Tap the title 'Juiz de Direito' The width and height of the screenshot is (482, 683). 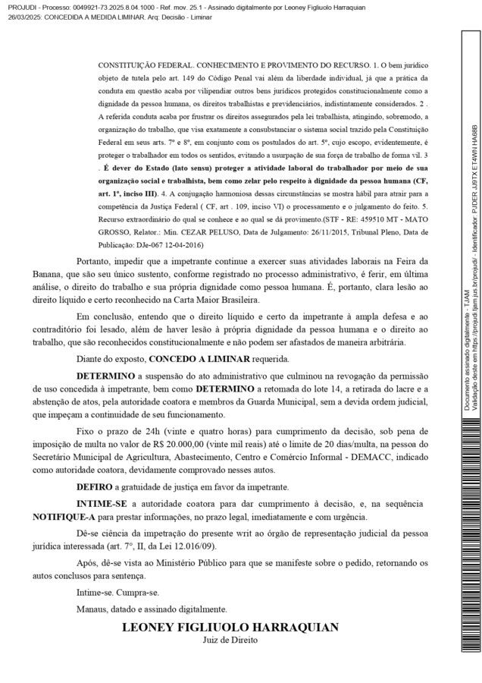230,640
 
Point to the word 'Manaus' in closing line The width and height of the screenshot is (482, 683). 93,609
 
